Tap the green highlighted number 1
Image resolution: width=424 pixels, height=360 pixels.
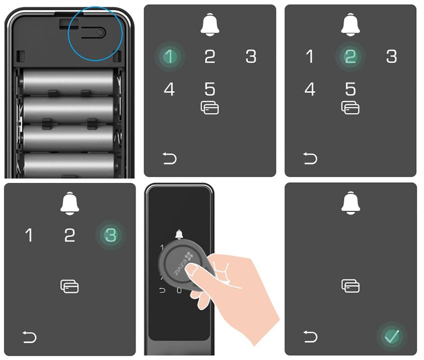pos(170,56)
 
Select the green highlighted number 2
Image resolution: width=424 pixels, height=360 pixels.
pos(350,56)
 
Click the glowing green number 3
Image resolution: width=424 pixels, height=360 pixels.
pos(111,235)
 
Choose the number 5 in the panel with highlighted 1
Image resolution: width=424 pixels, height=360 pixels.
pos(210,89)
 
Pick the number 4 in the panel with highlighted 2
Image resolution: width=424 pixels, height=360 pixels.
pos(310,89)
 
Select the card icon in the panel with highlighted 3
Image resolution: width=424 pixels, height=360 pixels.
pos(69,286)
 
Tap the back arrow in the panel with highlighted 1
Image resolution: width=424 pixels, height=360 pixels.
pos(169,158)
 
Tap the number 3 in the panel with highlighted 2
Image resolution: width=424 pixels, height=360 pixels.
pos(391,56)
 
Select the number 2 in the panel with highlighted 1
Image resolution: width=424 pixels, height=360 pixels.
pos(210,56)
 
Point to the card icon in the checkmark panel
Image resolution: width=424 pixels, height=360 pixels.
pos(350,286)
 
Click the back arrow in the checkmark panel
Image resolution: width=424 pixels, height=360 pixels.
pos(310,337)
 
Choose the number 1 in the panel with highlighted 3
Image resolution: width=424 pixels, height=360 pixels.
pos(29,235)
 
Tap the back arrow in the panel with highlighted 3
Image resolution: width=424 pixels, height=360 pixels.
pos(29,337)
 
